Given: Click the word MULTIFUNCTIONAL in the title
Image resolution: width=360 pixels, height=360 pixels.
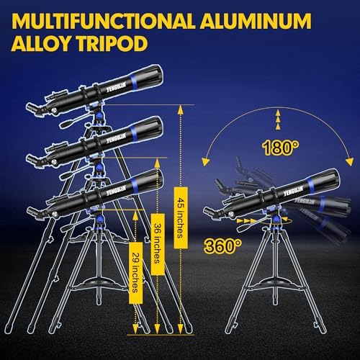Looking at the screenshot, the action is [103, 21].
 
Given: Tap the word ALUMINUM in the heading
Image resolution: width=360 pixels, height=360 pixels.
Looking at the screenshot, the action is [256, 21].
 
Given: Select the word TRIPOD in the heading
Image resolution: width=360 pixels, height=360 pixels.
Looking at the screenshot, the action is [112, 43].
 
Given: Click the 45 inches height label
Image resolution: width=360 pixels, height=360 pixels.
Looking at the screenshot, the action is [181, 217].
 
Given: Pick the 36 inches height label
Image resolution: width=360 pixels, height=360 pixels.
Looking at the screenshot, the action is [158, 244].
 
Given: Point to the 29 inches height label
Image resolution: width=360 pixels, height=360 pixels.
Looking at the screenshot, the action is [135, 273].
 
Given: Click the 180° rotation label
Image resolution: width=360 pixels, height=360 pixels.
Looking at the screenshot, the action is [281, 147].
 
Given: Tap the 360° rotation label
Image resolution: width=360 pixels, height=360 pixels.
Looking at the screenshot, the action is [223, 246].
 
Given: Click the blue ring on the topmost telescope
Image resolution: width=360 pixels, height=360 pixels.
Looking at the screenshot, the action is [134, 82].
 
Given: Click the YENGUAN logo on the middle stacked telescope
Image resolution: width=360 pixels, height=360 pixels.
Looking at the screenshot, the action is [117, 138].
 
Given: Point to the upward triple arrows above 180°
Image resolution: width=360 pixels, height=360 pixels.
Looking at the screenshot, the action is [278, 120].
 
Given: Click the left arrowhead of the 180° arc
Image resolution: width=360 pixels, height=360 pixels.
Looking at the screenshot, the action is [205, 162].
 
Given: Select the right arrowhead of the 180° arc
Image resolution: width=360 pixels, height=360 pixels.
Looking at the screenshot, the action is [350, 161].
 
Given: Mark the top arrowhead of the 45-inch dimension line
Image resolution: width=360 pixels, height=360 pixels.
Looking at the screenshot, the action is [181, 110].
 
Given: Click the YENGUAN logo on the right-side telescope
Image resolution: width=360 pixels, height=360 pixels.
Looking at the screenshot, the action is [293, 190].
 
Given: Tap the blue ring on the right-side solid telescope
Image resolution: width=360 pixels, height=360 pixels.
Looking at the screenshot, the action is [311, 186].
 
